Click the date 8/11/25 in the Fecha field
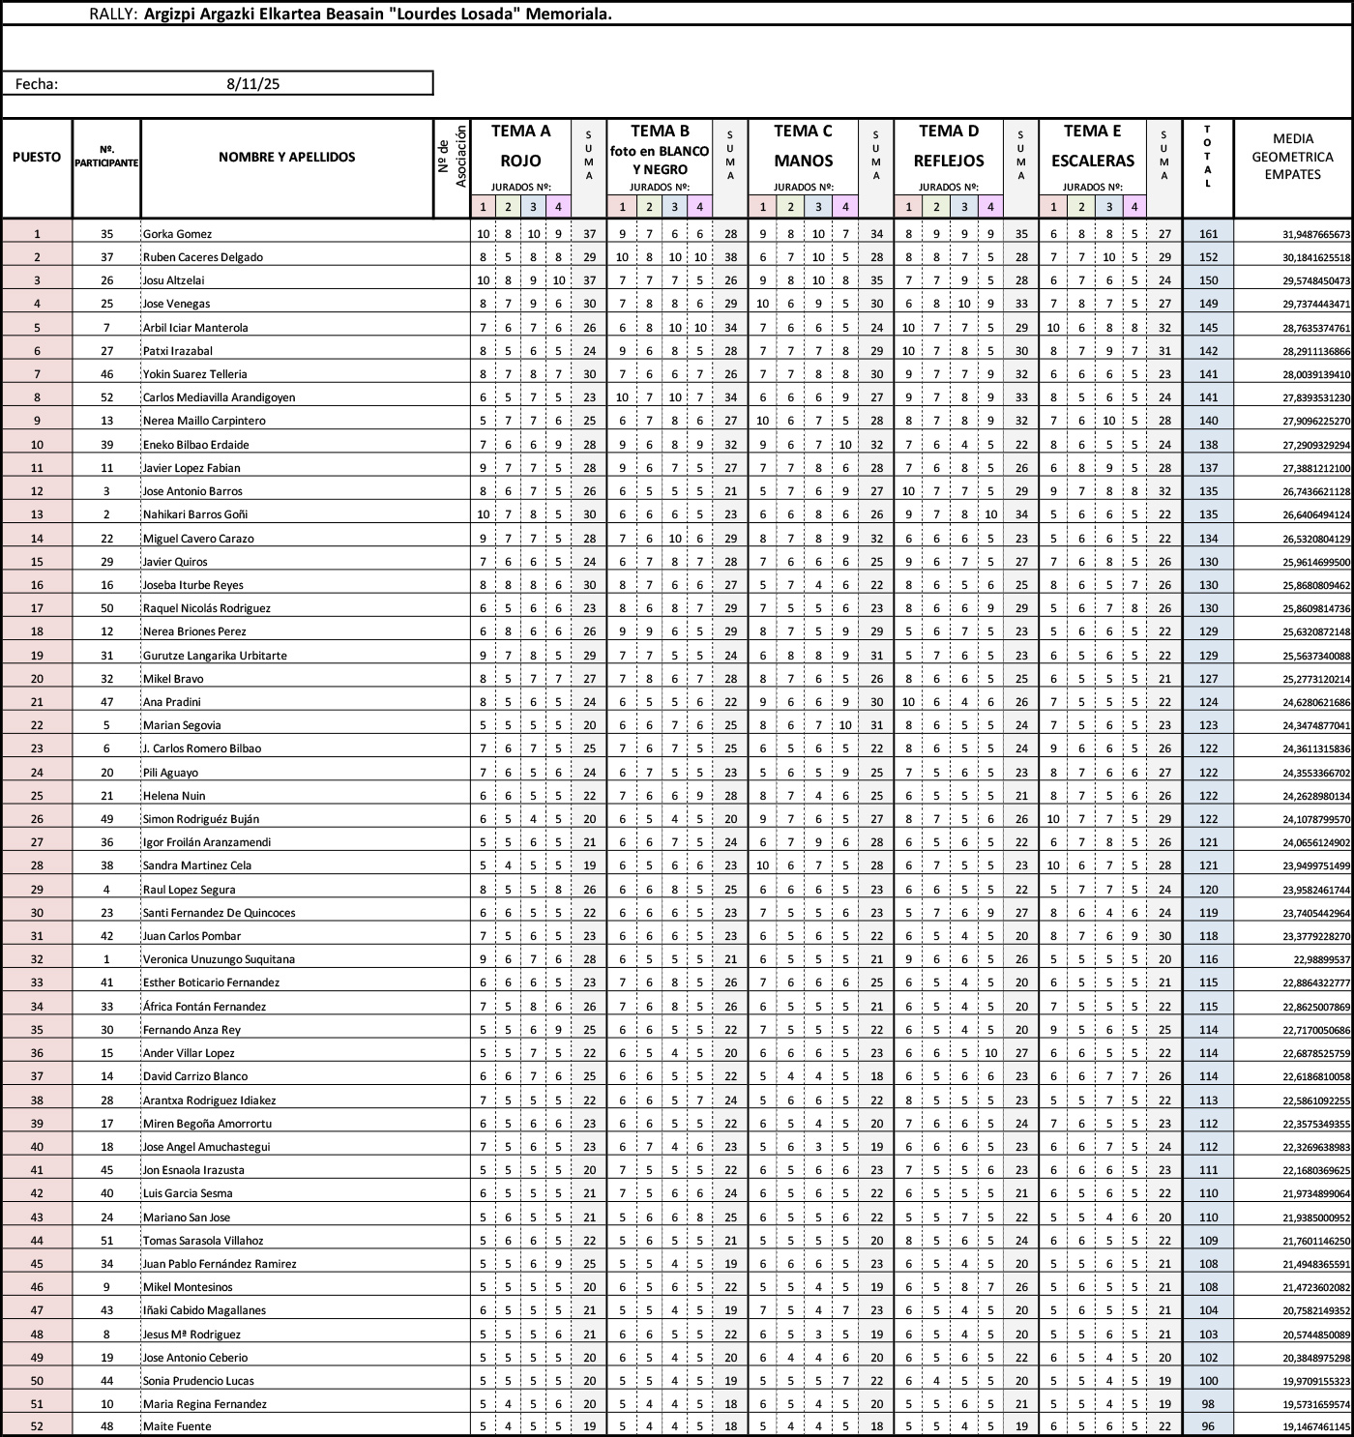[x=252, y=84]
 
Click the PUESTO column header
[x=37, y=157]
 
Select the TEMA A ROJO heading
[x=520, y=146]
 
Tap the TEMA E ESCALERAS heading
[x=1092, y=146]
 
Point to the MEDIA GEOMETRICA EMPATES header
[x=1292, y=157]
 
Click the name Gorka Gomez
[x=177, y=234]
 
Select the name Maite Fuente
[x=177, y=1426]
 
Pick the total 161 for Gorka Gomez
[x=1208, y=234]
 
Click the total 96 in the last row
[x=1208, y=1426]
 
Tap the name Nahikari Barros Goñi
[x=197, y=514]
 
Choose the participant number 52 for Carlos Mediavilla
[x=106, y=397]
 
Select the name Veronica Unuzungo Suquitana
[x=219, y=959]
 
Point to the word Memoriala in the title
[x=569, y=15]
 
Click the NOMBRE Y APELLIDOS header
[x=286, y=157]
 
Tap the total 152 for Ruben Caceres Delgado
[x=1208, y=257]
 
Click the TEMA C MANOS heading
[x=803, y=146]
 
